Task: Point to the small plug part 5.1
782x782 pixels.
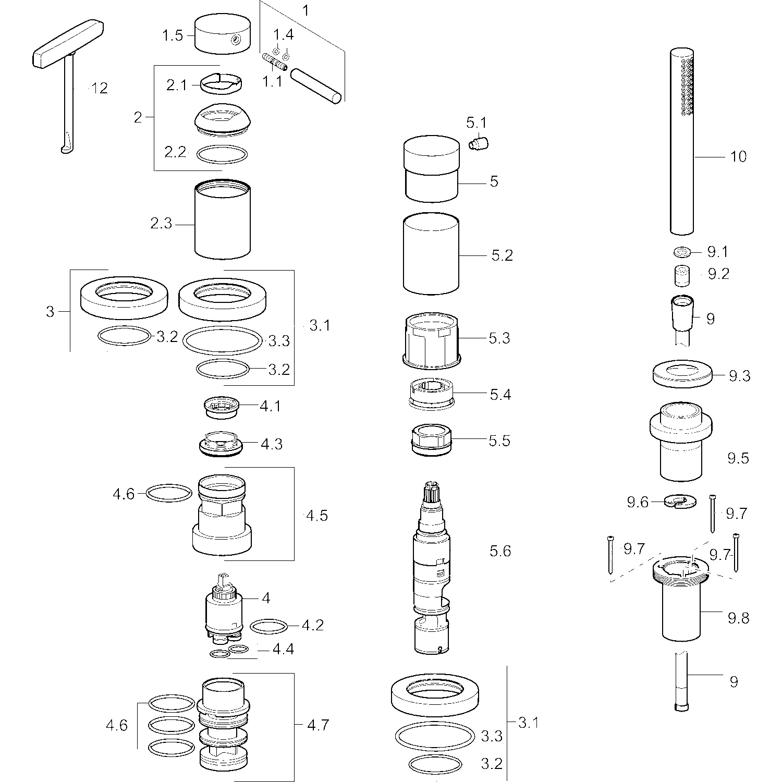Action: point(478,142)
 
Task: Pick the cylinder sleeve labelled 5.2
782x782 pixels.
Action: point(431,253)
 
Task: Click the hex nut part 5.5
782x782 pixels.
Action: point(431,439)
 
